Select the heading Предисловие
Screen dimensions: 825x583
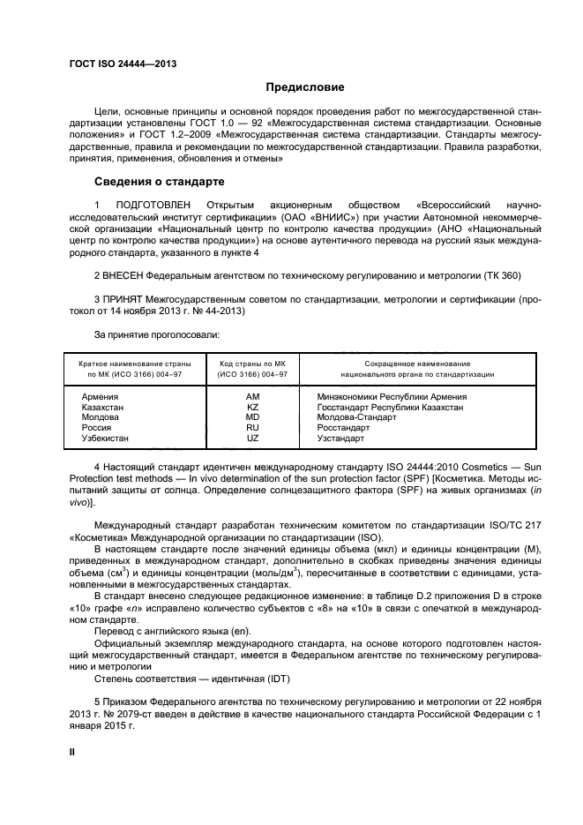point(306,87)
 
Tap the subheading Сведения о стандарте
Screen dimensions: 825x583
point(159,182)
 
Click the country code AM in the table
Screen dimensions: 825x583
point(253,397)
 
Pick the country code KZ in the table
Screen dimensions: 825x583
point(253,408)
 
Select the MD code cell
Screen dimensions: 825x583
point(253,417)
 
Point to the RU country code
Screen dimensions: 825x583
point(253,428)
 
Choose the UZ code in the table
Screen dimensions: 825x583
point(253,438)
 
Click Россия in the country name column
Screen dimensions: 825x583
point(97,428)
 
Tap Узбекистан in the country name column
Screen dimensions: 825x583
point(105,438)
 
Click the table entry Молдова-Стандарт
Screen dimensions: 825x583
point(356,417)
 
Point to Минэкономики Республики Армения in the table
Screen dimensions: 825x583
point(392,397)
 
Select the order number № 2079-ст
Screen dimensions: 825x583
point(118,712)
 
